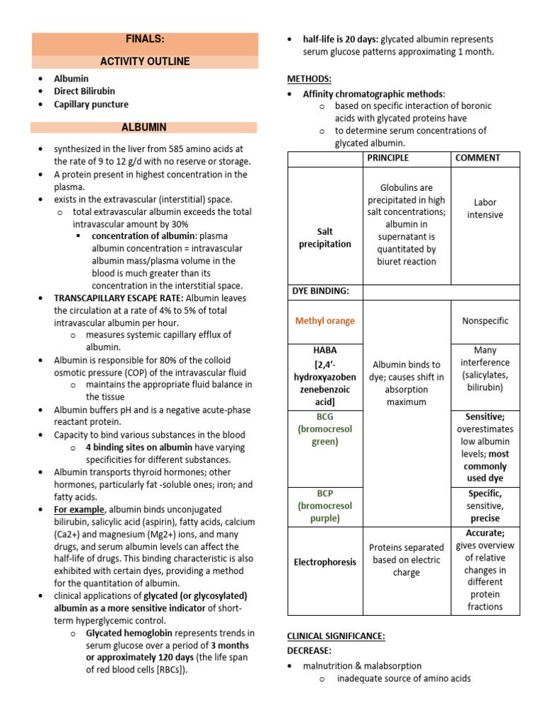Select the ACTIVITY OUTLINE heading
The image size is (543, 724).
point(144,62)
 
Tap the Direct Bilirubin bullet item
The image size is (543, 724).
point(84,91)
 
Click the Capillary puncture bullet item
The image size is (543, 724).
point(91,104)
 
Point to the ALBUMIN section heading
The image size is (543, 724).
point(144,127)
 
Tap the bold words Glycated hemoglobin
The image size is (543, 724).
point(129,633)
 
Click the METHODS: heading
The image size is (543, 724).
point(309,78)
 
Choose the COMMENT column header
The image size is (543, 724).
point(477,158)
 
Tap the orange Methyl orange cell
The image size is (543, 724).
point(325,321)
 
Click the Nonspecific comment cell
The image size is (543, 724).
point(485,321)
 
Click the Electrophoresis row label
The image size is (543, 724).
point(325,562)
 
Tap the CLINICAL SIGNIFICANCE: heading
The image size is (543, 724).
point(336,636)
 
